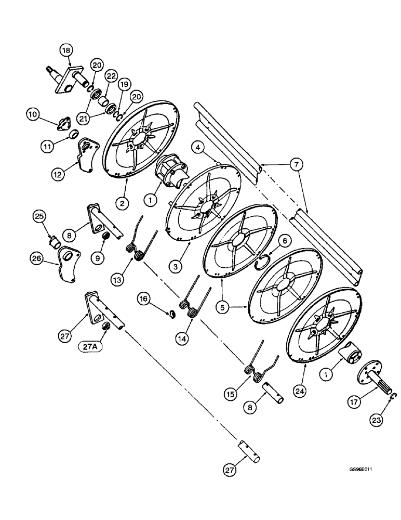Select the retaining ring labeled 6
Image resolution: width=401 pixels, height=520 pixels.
pos(265,263)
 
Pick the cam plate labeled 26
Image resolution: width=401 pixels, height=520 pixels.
pos(66,262)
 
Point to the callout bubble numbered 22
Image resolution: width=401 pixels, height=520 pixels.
pos(110,75)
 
